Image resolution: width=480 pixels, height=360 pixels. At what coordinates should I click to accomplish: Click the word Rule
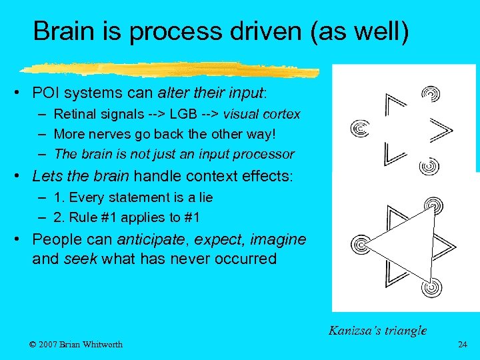94,217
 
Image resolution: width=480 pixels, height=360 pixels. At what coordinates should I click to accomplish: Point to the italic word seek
80,259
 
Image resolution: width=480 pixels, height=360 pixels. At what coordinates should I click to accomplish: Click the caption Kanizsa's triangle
377,329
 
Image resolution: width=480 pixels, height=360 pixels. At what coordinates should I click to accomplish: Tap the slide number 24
463,345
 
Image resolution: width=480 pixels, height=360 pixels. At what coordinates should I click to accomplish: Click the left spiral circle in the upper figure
360,127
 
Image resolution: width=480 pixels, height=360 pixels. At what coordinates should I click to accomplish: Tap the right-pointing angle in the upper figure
440,130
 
